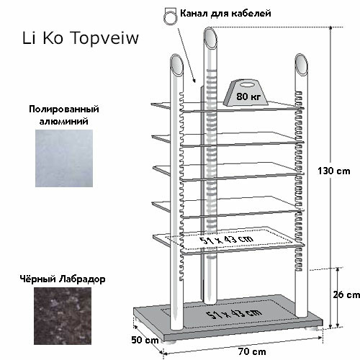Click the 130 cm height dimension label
[x=333, y=171]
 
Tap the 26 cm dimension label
[x=346, y=294]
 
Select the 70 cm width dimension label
[x=252, y=351]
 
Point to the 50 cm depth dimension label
[x=145, y=340]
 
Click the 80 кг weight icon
[x=246, y=93]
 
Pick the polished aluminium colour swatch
[x=64, y=158]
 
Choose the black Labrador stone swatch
[x=63, y=316]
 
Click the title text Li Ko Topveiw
[x=81, y=38]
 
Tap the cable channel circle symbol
[x=170, y=18]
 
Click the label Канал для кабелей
[x=225, y=13]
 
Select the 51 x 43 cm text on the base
[x=233, y=313]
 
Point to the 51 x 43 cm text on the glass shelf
[x=226, y=240]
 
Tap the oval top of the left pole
[x=177, y=64]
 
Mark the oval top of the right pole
[x=302, y=64]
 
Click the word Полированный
[x=64, y=109]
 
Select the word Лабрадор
[x=82, y=279]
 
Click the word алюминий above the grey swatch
[x=64, y=122]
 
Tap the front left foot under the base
[x=171, y=342]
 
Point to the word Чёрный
[x=38, y=279]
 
